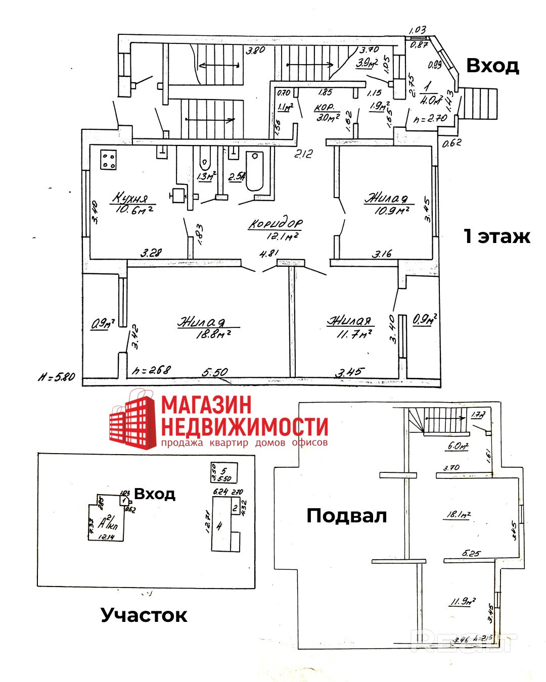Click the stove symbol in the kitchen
tap(109, 160)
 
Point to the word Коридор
tap(276, 224)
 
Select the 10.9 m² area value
tap(391, 210)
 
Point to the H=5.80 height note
tap(56, 376)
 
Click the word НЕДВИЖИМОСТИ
tap(244, 427)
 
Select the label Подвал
tap(347, 516)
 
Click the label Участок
tap(144, 615)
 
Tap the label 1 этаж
tap(497, 236)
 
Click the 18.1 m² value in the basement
tap(458, 515)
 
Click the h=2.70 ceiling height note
tap(430, 119)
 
